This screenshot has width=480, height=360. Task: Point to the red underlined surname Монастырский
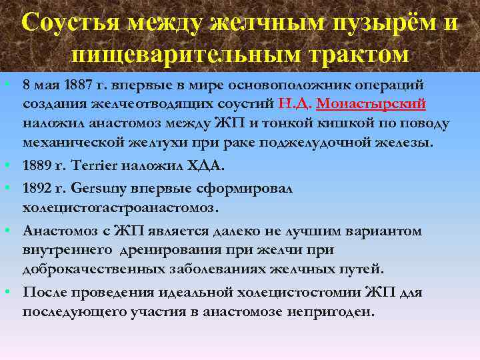(x=371, y=104)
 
